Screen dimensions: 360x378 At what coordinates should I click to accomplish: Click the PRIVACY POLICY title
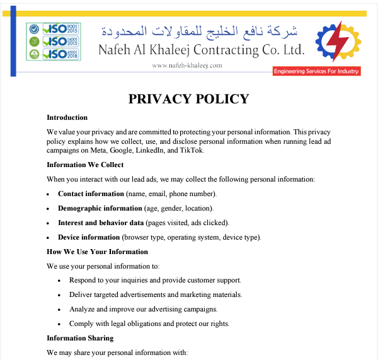(x=189, y=99)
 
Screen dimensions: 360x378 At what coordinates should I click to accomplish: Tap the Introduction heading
(x=67, y=117)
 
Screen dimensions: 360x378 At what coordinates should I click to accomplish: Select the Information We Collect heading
(x=85, y=165)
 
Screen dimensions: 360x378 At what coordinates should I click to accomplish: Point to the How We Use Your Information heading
(x=97, y=252)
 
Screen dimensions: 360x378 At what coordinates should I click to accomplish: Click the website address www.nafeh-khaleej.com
(x=187, y=65)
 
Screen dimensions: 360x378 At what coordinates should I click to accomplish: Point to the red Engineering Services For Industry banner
(x=316, y=71)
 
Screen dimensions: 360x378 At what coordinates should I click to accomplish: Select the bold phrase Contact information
(x=91, y=194)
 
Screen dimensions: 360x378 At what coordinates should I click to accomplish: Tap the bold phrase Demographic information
(x=100, y=208)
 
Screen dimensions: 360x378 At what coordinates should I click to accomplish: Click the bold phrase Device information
(x=89, y=237)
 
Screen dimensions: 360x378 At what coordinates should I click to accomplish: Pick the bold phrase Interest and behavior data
(x=101, y=223)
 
